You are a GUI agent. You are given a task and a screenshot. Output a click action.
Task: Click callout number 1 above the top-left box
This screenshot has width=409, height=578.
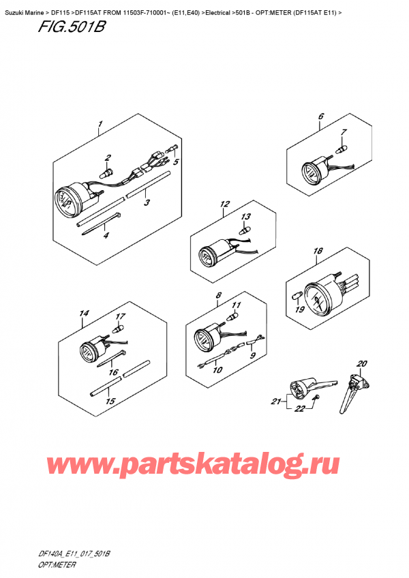100,124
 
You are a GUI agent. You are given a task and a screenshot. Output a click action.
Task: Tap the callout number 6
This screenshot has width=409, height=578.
320,117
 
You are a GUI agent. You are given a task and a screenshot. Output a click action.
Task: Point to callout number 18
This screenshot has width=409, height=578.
336,252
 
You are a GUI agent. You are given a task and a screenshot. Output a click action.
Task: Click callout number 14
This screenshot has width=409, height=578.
84,314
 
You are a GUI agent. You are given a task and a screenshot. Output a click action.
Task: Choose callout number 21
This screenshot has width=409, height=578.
275,402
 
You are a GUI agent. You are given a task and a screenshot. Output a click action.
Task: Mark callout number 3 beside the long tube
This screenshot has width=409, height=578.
147,202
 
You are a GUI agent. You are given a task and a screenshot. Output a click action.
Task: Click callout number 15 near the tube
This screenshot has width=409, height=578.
110,402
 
